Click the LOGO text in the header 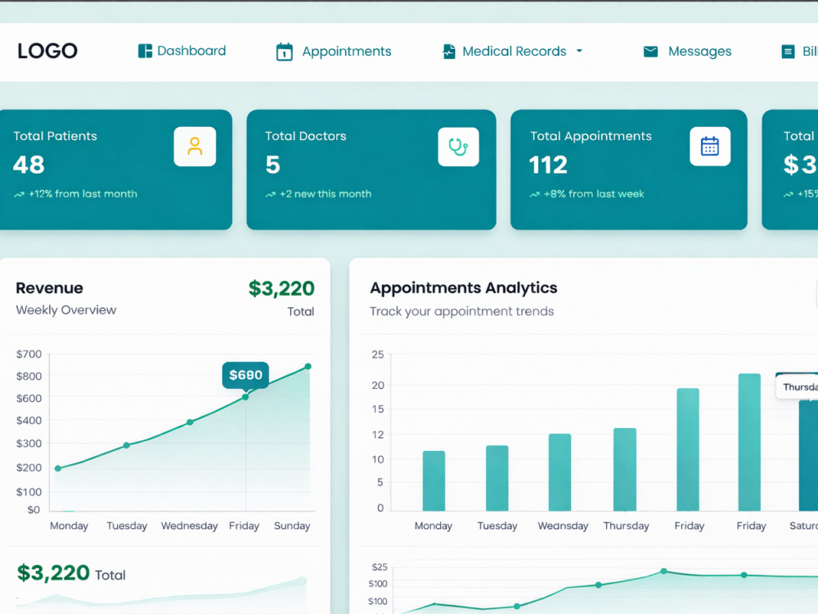coord(47,51)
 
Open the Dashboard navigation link coord(182,51)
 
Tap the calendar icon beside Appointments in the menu coord(285,52)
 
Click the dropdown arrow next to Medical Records coord(579,51)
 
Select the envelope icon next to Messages coord(650,51)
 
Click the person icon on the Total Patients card coord(195,147)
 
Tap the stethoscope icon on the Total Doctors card coord(458,147)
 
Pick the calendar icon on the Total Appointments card coord(709,147)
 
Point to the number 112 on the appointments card coord(548,165)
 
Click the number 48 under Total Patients coord(29,165)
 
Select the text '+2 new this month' coord(326,194)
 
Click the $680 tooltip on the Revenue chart coord(245,375)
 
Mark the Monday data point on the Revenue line coord(58,468)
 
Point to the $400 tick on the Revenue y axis coord(29,420)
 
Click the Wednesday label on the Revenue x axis coord(190,526)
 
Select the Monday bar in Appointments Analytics coord(434,481)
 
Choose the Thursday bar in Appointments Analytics coord(624,469)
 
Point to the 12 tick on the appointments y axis coord(378,435)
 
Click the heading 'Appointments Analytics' coord(463,287)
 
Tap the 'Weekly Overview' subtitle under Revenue coord(66,310)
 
